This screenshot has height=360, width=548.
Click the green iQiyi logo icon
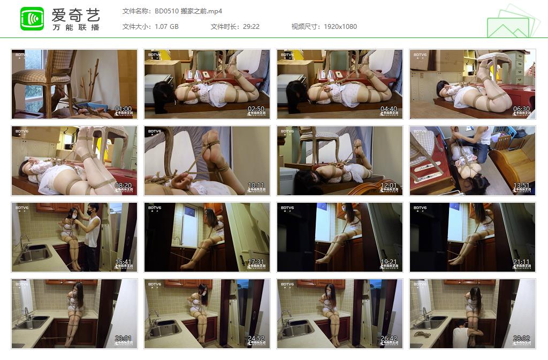[x=32, y=19]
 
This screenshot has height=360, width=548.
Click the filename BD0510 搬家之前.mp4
[x=188, y=11]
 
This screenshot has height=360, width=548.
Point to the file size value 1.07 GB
[x=166, y=26]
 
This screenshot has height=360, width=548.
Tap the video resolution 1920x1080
[x=340, y=26]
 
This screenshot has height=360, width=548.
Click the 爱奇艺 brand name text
[x=75, y=14]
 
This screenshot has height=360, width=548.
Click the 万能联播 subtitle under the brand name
[x=75, y=27]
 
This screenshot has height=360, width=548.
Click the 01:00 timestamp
[x=123, y=109]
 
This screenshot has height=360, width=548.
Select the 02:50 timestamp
[x=256, y=109]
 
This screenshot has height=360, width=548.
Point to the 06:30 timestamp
[x=521, y=109]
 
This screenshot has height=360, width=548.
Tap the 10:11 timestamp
[x=256, y=186]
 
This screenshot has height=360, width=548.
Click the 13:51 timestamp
[x=521, y=186]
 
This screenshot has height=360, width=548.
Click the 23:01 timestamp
[x=123, y=339]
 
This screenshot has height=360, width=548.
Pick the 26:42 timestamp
[x=389, y=339]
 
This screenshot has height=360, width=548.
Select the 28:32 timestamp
[x=521, y=339]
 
